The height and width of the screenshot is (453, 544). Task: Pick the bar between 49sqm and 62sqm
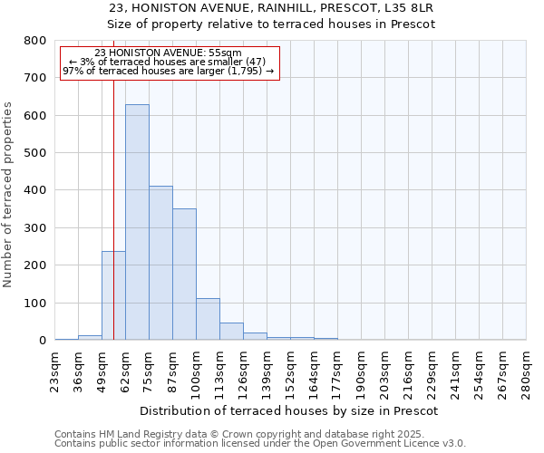(113, 295)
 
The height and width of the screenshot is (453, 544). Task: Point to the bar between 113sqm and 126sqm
(231, 331)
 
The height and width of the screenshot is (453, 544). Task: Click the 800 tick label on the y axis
(34, 41)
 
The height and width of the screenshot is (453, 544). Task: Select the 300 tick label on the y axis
(34, 228)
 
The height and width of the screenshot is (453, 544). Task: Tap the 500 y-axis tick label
(34, 153)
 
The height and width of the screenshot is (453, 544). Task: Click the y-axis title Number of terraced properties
(8, 195)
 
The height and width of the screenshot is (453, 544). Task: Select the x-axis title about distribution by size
(290, 410)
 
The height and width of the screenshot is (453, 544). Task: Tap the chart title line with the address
(271, 7)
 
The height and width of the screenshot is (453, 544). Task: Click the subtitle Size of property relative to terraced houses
(271, 24)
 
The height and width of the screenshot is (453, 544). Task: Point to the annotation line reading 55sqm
(168, 53)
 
